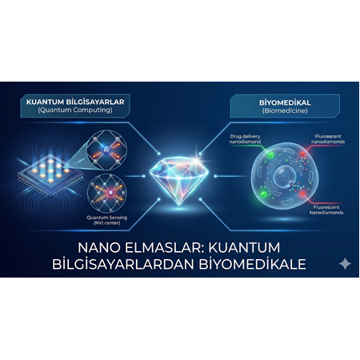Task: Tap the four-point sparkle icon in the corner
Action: pos(345,263)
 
